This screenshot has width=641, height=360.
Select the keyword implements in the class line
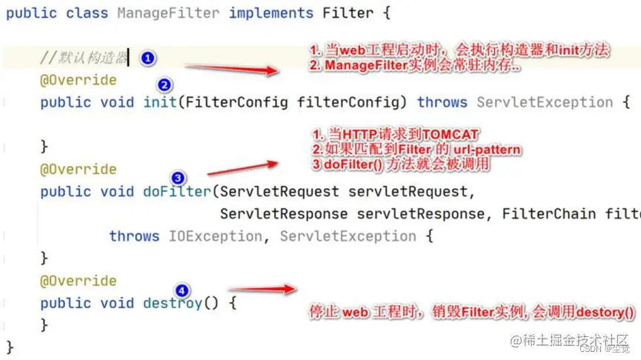coord(271,13)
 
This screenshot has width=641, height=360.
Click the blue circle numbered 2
coord(165,84)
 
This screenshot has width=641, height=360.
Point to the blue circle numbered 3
coord(178,178)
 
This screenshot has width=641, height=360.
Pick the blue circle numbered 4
coord(182,290)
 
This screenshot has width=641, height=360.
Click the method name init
coord(159,102)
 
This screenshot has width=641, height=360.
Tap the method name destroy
coord(172,303)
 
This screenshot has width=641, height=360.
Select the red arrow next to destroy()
coord(262,289)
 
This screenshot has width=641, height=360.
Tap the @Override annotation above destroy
coord(78,281)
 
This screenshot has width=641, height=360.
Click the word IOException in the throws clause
coord(215,236)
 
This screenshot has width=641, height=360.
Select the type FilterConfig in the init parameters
coord(236,102)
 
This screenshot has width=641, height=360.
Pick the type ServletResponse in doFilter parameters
coord(283,214)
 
